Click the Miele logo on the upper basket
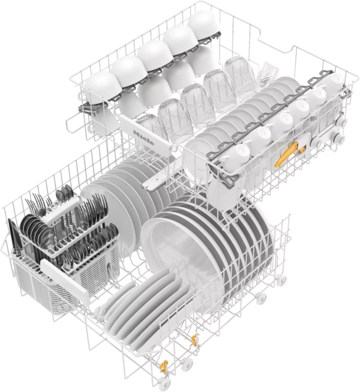pyautogui.click(x=143, y=137)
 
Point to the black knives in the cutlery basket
pyautogui.click(x=14, y=237)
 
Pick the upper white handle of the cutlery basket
pyautogui.click(x=61, y=209)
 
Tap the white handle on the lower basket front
pyautogui.click(x=64, y=281)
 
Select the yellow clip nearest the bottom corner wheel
pyautogui.click(x=163, y=367)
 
